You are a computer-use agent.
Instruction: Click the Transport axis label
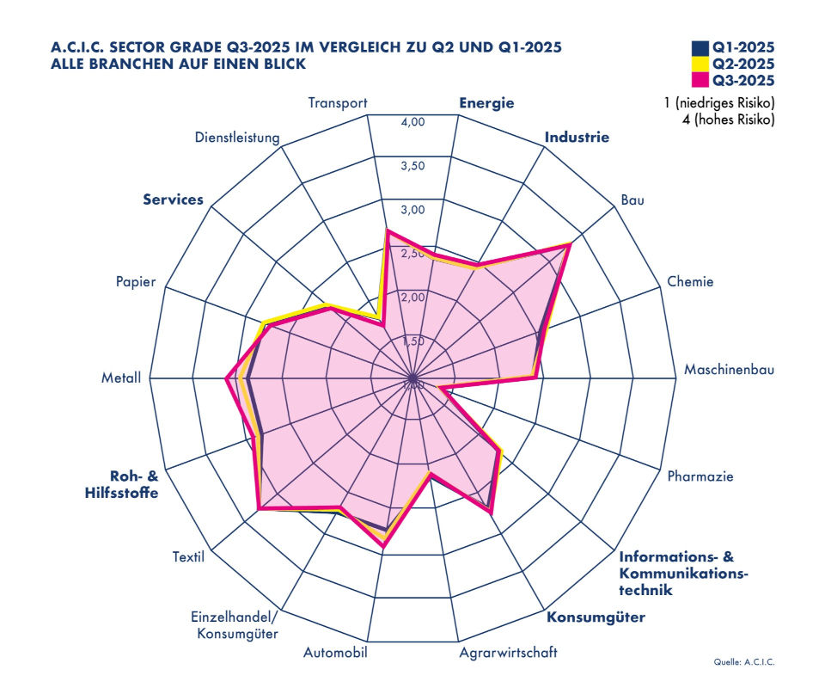click(x=338, y=103)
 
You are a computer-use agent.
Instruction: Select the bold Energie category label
click(x=486, y=103)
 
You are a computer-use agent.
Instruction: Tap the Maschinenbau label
click(x=730, y=371)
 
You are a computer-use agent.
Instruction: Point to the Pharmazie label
click(x=700, y=476)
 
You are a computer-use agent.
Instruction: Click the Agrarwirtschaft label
click(x=508, y=653)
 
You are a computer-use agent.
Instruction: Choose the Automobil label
click(x=335, y=653)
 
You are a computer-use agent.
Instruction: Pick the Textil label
click(x=188, y=556)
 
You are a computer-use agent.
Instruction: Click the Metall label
click(x=120, y=378)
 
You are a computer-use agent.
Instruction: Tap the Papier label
click(x=135, y=282)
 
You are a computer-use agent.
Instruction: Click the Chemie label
click(x=690, y=281)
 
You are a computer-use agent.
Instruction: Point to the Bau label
click(x=632, y=200)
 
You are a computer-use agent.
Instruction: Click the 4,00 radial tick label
click(x=413, y=122)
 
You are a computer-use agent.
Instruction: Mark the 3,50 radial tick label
click(x=413, y=166)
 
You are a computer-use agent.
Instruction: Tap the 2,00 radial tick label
click(x=413, y=298)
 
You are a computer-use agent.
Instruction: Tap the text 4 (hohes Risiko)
click(x=727, y=120)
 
